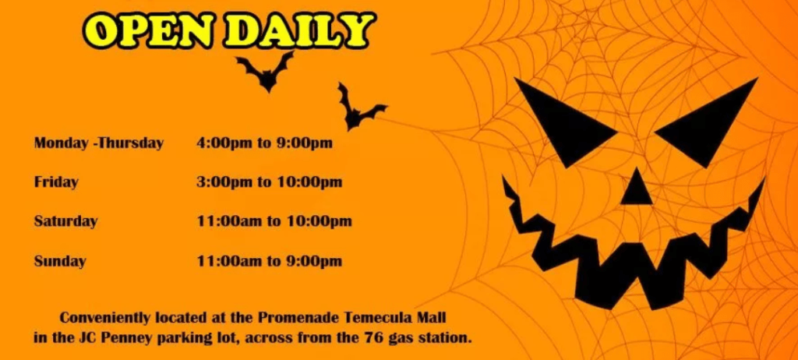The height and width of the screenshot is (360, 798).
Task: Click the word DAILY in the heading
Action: click(x=298, y=30)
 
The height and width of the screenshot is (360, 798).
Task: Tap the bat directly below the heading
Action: click(x=265, y=71)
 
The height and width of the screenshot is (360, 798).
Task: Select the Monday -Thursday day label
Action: click(x=99, y=143)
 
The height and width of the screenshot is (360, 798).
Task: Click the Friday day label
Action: click(x=56, y=182)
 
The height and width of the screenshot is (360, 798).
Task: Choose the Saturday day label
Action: click(x=65, y=221)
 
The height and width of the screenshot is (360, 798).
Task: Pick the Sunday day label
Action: click(x=59, y=261)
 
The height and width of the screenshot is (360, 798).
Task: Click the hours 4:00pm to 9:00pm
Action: click(x=264, y=143)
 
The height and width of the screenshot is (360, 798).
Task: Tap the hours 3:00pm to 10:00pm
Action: click(x=269, y=182)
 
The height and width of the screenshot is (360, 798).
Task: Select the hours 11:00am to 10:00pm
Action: click(x=274, y=221)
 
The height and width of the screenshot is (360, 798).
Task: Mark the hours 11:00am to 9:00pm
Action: click(x=269, y=261)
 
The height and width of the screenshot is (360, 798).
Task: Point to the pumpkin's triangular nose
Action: click(x=636, y=187)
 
